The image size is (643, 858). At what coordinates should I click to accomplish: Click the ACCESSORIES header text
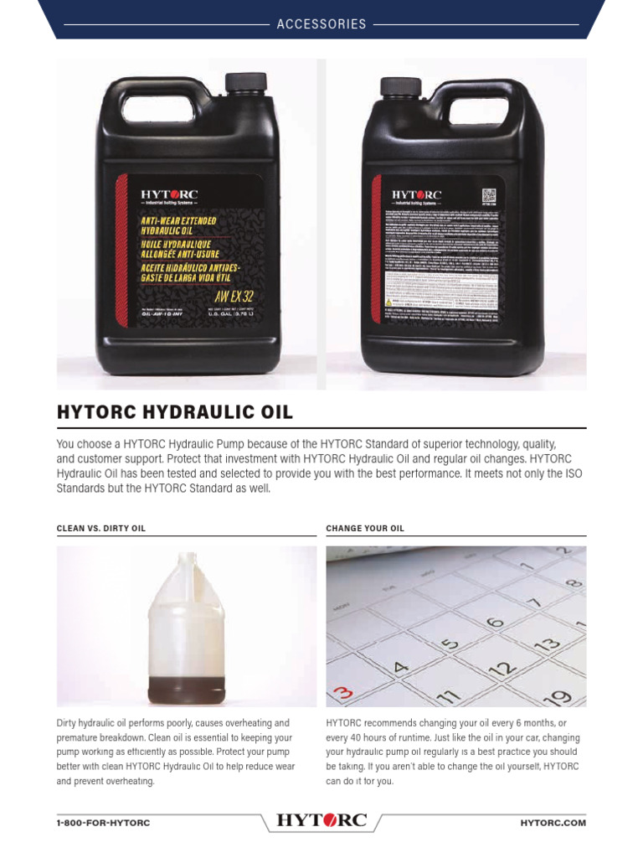coord(321,24)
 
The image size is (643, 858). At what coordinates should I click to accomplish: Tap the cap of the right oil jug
coord(401,86)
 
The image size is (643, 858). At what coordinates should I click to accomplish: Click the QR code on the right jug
coord(491,197)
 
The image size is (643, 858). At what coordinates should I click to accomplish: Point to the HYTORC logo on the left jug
coord(169,195)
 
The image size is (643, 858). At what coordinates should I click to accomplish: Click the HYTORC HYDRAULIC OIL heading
coord(174,412)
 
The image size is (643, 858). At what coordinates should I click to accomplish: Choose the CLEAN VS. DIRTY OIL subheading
coord(106,529)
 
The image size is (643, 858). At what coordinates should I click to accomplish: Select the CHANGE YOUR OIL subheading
coord(365,529)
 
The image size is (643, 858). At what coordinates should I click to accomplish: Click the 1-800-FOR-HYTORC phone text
coord(103,823)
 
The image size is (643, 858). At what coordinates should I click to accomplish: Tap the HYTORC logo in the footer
coord(321,821)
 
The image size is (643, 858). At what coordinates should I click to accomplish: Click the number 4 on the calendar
coord(400,668)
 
